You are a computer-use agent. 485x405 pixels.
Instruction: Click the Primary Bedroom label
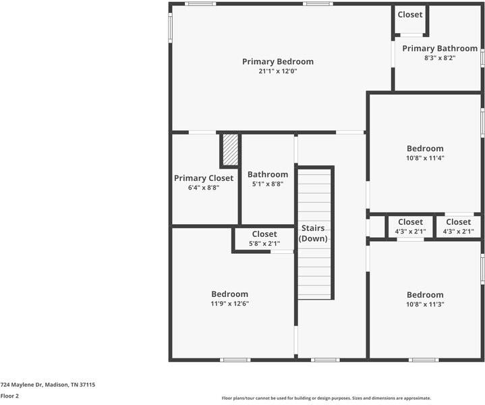pyautogui.click(x=277, y=61)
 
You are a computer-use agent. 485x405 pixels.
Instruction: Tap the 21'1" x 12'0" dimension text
pyautogui.click(x=277, y=71)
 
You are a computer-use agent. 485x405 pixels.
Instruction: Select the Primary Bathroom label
pyautogui.click(x=440, y=49)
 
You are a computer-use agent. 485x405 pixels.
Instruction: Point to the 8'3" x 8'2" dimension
pyautogui.click(x=440, y=58)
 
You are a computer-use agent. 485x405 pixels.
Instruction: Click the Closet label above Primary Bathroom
pyautogui.click(x=410, y=14)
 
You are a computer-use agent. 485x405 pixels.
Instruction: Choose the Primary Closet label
pyautogui.click(x=204, y=178)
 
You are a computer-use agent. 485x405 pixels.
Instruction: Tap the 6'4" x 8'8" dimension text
pyautogui.click(x=204, y=188)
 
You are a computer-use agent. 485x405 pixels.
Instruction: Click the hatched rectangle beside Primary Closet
pyautogui.click(x=230, y=150)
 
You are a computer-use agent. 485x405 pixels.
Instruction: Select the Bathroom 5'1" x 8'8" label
pyautogui.click(x=268, y=174)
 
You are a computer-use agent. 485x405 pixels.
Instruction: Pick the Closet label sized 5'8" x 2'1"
pyautogui.click(x=264, y=234)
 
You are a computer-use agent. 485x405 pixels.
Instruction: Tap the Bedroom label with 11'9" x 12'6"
pyautogui.click(x=229, y=294)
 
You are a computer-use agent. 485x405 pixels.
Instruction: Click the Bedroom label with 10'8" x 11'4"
pyautogui.click(x=425, y=148)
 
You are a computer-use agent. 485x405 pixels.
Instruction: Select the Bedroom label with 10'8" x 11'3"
pyautogui.click(x=425, y=295)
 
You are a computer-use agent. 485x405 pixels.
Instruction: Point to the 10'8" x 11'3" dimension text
pyautogui.click(x=425, y=304)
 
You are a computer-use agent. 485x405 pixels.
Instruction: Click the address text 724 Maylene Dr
pyautogui.click(x=47, y=385)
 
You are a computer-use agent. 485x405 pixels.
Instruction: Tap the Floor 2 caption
pyautogui.click(x=9, y=396)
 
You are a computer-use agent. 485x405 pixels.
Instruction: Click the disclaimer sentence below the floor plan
pyautogui.click(x=326, y=398)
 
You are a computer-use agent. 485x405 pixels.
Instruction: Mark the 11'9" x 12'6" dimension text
pyautogui.click(x=229, y=304)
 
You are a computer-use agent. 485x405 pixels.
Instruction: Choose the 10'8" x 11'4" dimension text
pyautogui.click(x=425, y=158)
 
